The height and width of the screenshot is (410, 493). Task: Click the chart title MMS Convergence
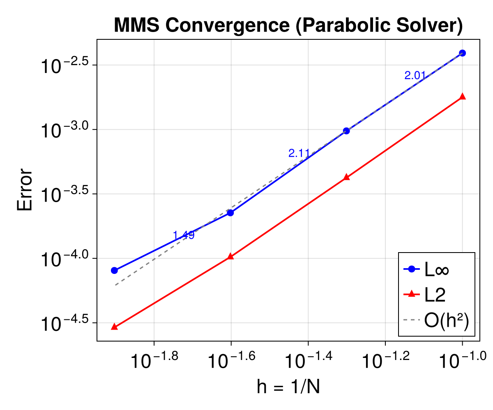[x=288, y=25]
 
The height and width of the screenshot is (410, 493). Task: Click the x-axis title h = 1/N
[x=288, y=387]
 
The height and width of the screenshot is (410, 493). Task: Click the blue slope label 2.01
[x=415, y=75]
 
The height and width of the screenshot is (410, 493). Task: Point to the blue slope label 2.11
[x=299, y=153]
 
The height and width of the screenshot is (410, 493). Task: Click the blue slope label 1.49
[x=184, y=235]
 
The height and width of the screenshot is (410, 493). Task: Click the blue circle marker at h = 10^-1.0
[x=462, y=53]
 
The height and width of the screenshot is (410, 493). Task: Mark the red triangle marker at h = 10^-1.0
[x=462, y=96]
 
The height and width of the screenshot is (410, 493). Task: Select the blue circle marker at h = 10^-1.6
[x=230, y=212]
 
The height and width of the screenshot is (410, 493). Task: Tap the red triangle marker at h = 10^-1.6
[x=230, y=257]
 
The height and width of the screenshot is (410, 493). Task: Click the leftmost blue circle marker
[x=114, y=270]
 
